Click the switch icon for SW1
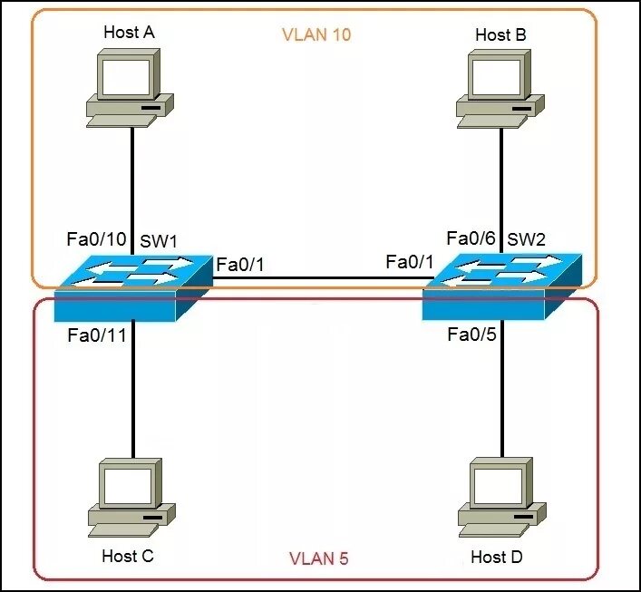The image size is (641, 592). tap(132, 288)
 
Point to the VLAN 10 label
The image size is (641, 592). tap(316, 36)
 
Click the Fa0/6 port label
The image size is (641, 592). tap(471, 238)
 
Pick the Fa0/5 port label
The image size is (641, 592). tap(471, 335)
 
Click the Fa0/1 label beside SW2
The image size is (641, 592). tap(410, 262)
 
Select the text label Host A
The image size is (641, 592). tap(129, 33)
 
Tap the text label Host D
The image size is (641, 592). tap(497, 556)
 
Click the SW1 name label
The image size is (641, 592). tap(160, 243)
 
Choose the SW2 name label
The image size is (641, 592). tap(528, 240)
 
